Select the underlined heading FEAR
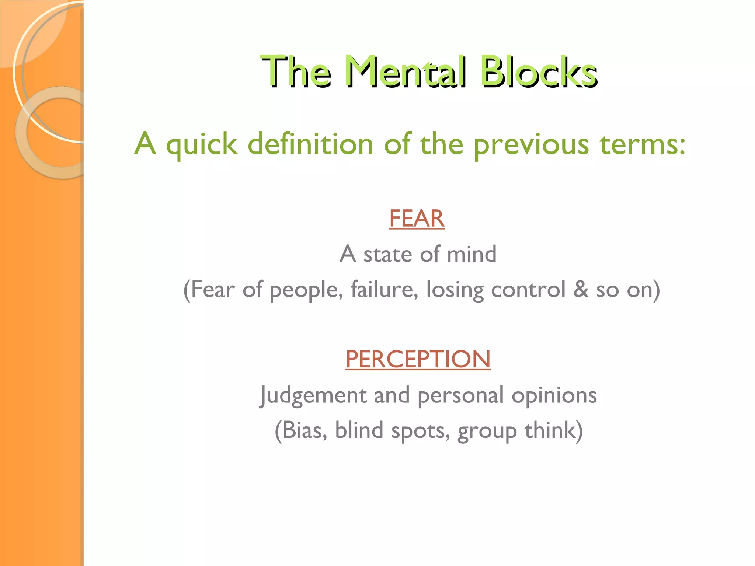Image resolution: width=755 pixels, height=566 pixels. click(x=417, y=219)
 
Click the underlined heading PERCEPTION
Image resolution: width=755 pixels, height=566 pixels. click(x=418, y=359)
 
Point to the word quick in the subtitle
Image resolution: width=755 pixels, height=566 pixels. click(x=202, y=145)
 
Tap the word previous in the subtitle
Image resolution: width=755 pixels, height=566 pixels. click(x=531, y=145)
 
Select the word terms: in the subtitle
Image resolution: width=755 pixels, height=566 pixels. click(x=642, y=144)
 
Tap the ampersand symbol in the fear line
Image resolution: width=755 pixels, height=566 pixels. click(x=581, y=289)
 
